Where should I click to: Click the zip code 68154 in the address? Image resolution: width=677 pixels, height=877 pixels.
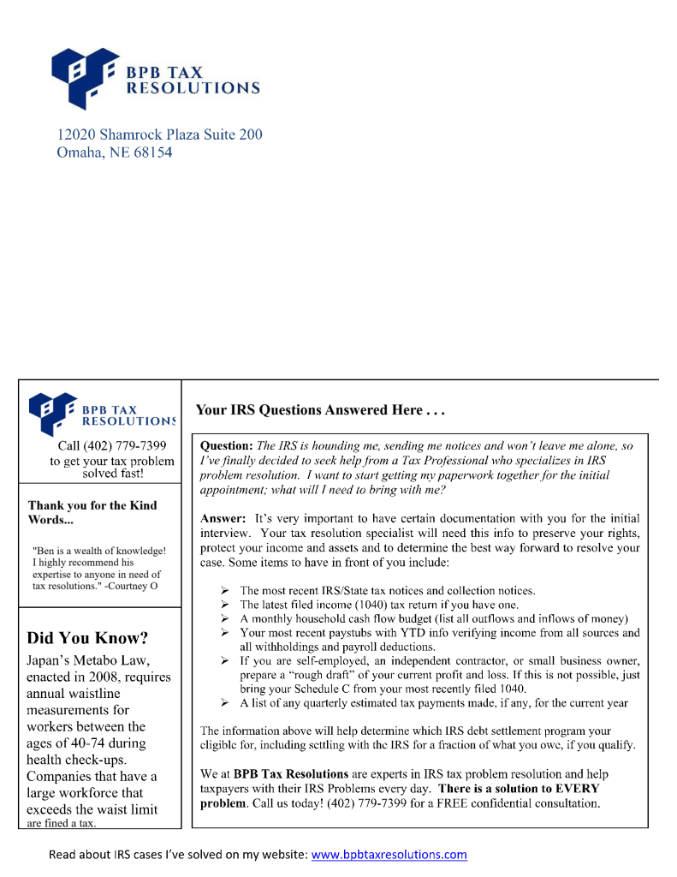tap(152, 153)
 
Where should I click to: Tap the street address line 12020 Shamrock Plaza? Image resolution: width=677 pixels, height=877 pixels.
tap(159, 134)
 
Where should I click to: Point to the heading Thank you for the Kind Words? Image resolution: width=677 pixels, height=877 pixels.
tap(92, 512)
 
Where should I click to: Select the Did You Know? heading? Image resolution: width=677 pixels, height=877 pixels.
tap(87, 638)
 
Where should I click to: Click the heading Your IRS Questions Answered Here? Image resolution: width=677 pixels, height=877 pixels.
tap(321, 410)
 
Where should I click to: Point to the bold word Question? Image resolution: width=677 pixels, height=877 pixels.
tap(226, 446)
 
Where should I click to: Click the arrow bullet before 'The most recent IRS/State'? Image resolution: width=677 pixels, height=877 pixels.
tap(224, 591)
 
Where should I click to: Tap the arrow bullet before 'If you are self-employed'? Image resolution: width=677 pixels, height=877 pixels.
tap(224, 661)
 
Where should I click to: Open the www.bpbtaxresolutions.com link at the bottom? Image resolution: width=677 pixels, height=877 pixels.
tap(389, 855)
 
